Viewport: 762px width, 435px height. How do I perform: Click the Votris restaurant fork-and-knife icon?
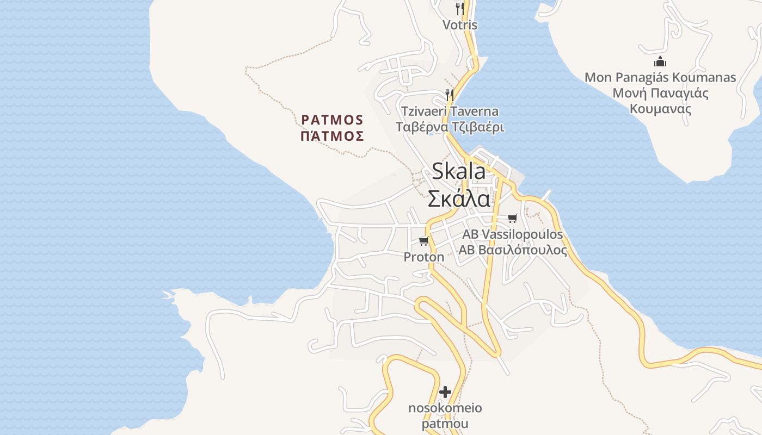tap(460, 8)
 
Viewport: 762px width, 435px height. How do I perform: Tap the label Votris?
tap(460, 25)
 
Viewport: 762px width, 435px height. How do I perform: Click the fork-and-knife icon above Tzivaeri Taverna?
tap(450, 95)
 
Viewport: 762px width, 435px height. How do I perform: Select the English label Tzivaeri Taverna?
tap(450, 111)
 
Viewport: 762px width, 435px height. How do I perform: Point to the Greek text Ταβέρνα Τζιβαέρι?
tap(450, 127)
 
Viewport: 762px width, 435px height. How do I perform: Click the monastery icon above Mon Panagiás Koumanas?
tap(660, 61)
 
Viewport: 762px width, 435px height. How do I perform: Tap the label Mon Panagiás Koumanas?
tap(660, 77)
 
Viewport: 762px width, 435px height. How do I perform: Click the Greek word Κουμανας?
tap(660, 109)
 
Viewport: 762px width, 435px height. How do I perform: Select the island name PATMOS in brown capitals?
tap(332, 120)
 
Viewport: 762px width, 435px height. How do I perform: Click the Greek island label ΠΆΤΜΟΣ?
tap(332, 136)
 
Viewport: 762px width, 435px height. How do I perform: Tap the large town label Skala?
tap(459, 171)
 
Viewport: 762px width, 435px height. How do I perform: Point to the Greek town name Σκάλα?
tap(459, 199)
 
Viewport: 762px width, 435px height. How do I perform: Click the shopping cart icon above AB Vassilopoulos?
tap(512, 218)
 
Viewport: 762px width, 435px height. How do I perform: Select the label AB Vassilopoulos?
tap(512, 234)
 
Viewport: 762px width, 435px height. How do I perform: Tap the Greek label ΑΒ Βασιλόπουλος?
tap(512, 250)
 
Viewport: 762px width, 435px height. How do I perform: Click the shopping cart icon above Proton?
tap(424, 241)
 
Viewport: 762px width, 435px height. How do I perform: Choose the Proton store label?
tap(424, 257)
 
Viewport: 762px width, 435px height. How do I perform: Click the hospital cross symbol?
tap(445, 391)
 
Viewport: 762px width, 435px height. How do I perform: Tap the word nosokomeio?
tap(445, 408)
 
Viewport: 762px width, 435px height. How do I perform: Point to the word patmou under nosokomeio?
tap(445, 423)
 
